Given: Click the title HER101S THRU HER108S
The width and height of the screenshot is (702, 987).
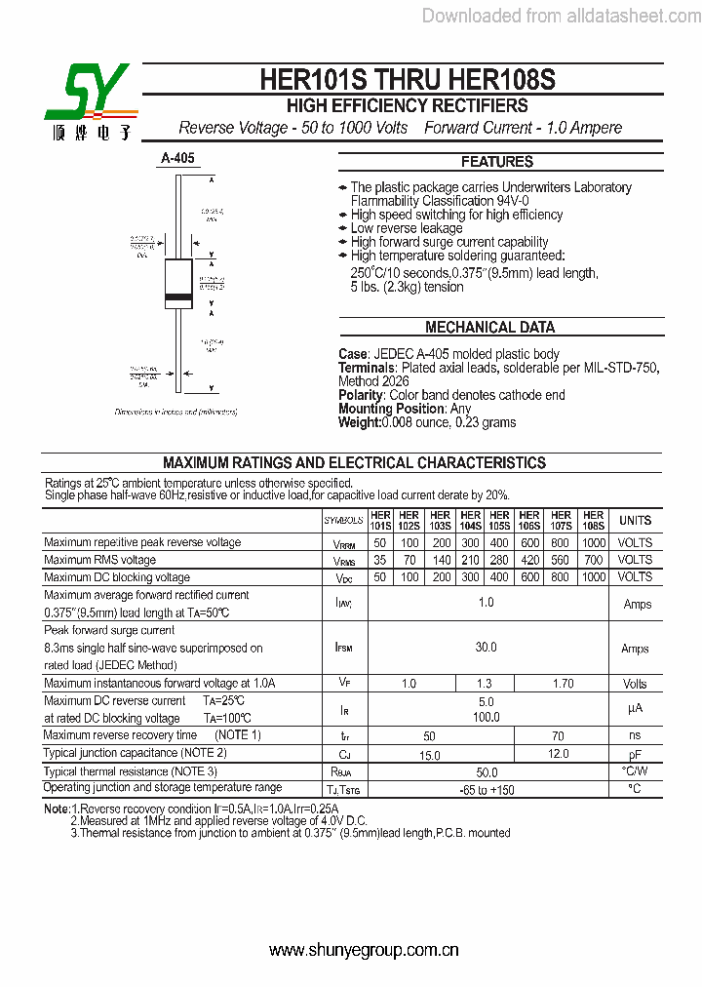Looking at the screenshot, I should click(408, 79).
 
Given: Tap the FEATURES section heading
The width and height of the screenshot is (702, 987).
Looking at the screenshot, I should click(496, 162).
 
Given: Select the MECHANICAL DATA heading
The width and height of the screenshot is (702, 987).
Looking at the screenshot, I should click(489, 328).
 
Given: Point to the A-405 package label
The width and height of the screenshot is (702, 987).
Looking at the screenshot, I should click(178, 158).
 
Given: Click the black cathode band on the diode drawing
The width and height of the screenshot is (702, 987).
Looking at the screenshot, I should click(177, 296).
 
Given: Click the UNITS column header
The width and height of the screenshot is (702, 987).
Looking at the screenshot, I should click(635, 521).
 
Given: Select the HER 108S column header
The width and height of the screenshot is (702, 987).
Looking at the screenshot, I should click(593, 520).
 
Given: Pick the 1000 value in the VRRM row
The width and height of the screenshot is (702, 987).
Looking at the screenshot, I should click(593, 542).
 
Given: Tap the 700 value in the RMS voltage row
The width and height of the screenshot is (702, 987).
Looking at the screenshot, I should click(593, 560).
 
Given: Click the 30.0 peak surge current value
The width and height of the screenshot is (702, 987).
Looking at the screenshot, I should click(486, 648).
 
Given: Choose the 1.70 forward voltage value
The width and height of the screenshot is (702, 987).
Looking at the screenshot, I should click(563, 685).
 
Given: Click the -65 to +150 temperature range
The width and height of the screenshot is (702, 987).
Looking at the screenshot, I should click(486, 789).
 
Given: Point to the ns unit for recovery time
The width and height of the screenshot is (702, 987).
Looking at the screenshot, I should click(635, 735).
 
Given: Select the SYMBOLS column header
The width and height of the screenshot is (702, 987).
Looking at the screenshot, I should click(343, 521).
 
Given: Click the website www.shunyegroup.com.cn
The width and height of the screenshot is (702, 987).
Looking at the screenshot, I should click(364, 951).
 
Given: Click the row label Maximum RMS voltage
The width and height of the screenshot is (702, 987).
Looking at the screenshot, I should click(100, 560).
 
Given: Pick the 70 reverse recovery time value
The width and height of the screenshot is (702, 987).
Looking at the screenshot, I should click(558, 736).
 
